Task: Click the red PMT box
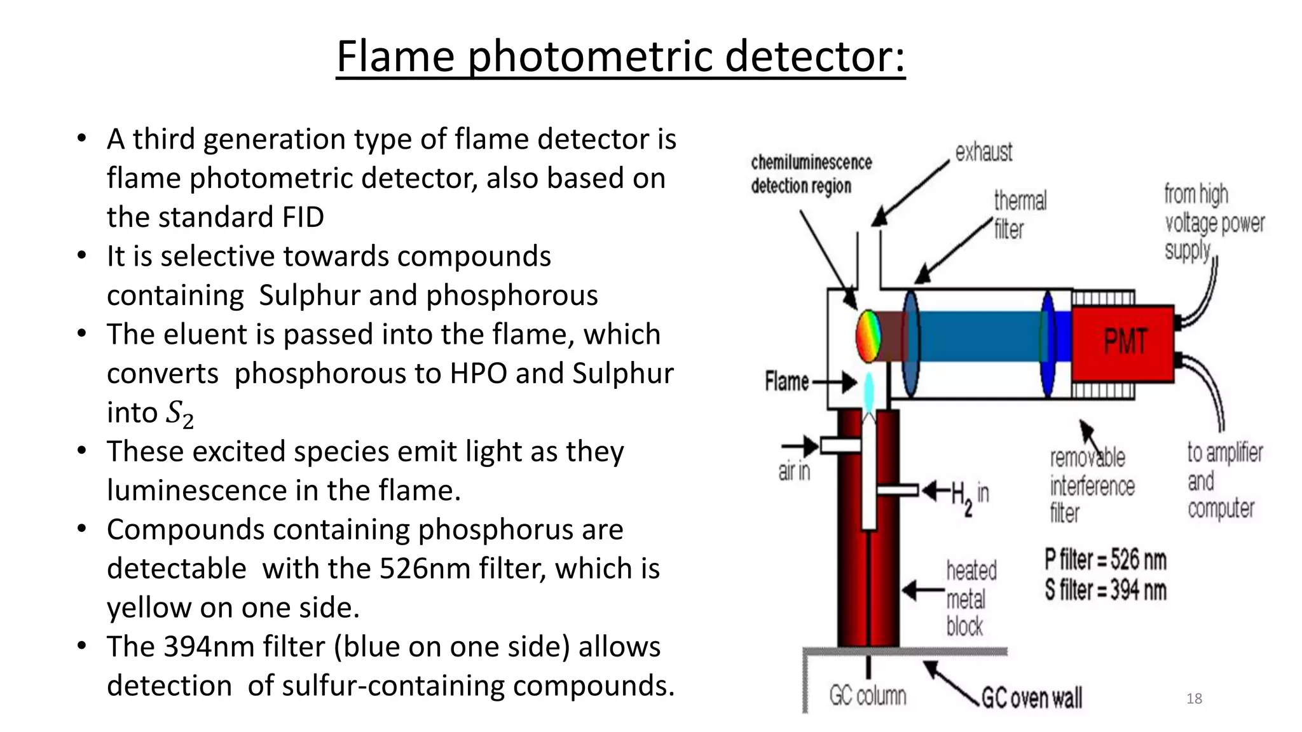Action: pos(1123,344)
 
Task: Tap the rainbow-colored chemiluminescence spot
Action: pos(868,335)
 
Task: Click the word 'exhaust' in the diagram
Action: pos(983,152)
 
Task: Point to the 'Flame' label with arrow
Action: pos(787,382)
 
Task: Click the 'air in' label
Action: pos(794,471)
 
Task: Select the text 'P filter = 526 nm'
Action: pos(1106,560)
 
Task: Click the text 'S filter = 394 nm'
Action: pos(1106,590)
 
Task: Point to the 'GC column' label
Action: pos(868,696)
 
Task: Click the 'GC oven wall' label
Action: pos(1031,698)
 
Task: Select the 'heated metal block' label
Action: pos(970,599)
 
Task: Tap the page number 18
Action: pos(1194,699)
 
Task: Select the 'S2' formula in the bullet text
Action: pos(179,414)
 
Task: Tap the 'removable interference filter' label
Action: pos(1092,485)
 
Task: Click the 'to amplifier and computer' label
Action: pos(1224,481)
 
